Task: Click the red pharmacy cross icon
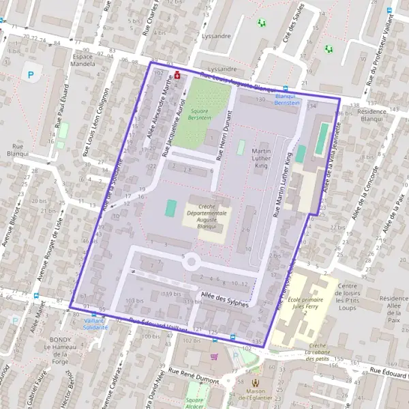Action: point(178,75)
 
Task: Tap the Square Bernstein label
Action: point(200,113)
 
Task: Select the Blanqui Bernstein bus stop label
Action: point(287,99)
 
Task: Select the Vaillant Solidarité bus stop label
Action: point(96,324)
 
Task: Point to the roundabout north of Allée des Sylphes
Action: point(191,261)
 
